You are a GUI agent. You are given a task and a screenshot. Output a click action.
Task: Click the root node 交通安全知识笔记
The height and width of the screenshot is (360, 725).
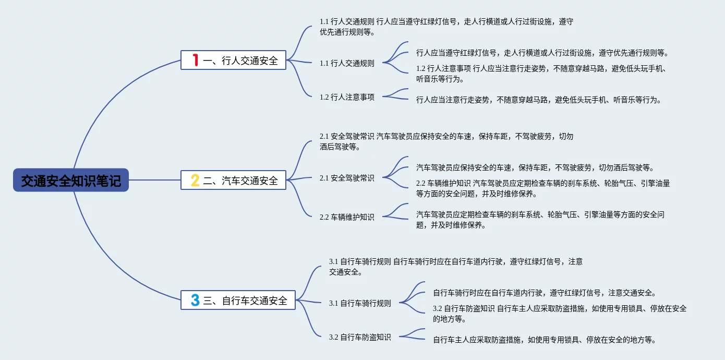pyautogui.click(x=71, y=181)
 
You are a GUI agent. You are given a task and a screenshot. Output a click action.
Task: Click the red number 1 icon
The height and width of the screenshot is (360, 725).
pyautogui.click(x=196, y=60)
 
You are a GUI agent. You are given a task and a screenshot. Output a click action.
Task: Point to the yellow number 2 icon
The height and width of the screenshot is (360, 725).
pyautogui.click(x=195, y=181)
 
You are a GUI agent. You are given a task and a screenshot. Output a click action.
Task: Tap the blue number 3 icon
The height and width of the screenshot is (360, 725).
pyautogui.click(x=195, y=300)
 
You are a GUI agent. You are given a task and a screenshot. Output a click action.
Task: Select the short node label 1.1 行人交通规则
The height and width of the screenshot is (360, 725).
pyautogui.click(x=347, y=63)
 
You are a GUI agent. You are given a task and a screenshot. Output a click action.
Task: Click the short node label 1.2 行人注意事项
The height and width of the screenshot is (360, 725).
pyautogui.click(x=347, y=97)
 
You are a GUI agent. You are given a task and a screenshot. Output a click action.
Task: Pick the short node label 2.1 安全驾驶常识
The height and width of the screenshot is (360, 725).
pyautogui.click(x=347, y=178)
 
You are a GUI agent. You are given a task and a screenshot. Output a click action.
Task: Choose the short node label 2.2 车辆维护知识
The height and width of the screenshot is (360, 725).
pyautogui.click(x=347, y=217)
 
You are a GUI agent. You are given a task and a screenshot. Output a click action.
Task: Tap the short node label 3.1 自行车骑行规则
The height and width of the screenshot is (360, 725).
pyautogui.click(x=360, y=303)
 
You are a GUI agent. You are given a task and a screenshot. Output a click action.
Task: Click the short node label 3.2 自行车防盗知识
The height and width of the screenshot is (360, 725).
pyautogui.click(x=360, y=337)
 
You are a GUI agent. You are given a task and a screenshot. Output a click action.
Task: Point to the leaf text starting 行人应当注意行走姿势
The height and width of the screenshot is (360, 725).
pyautogui.click(x=539, y=100)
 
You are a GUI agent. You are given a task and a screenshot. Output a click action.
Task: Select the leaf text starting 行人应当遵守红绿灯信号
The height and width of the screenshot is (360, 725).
pyautogui.click(x=542, y=53)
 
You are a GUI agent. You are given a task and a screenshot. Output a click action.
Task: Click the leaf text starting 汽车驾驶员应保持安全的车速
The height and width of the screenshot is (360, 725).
pyautogui.click(x=535, y=167)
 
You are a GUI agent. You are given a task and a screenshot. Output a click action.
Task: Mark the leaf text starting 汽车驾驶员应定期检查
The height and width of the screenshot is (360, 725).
pyautogui.click(x=540, y=220)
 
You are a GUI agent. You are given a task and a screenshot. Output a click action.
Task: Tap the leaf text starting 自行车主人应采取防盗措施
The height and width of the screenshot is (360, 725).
pyautogui.click(x=545, y=340)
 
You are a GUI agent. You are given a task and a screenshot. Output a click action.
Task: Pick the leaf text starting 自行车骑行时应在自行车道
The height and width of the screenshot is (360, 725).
pyautogui.click(x=545, y=293)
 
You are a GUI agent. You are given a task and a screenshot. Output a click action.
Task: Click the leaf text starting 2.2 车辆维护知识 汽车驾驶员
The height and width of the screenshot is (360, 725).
pyautogui.click(x=543, y=188)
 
